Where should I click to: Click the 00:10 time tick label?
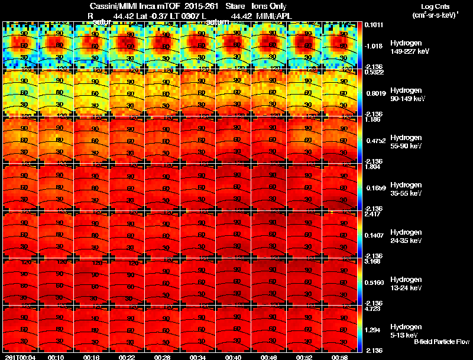[56, 357]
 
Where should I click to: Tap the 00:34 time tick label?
[198, 357]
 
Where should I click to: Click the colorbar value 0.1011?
[374, 25]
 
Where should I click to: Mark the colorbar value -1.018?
[374, 46]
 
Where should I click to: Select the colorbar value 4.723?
[372, 309]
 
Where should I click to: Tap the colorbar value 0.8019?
[374, 93]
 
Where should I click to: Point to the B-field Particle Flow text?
[442, 342]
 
